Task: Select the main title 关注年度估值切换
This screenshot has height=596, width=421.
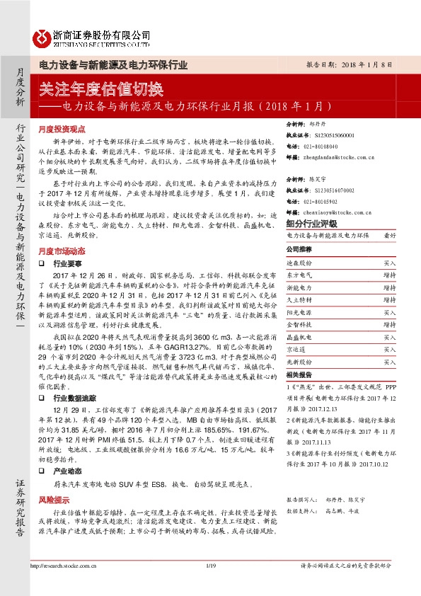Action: pyautogui.click(x=101, y=89)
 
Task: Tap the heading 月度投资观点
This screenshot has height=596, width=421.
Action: pyautogui.click(x=62, y=130)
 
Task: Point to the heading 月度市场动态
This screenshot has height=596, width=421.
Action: pyautogui.click(x=62, y=251)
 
